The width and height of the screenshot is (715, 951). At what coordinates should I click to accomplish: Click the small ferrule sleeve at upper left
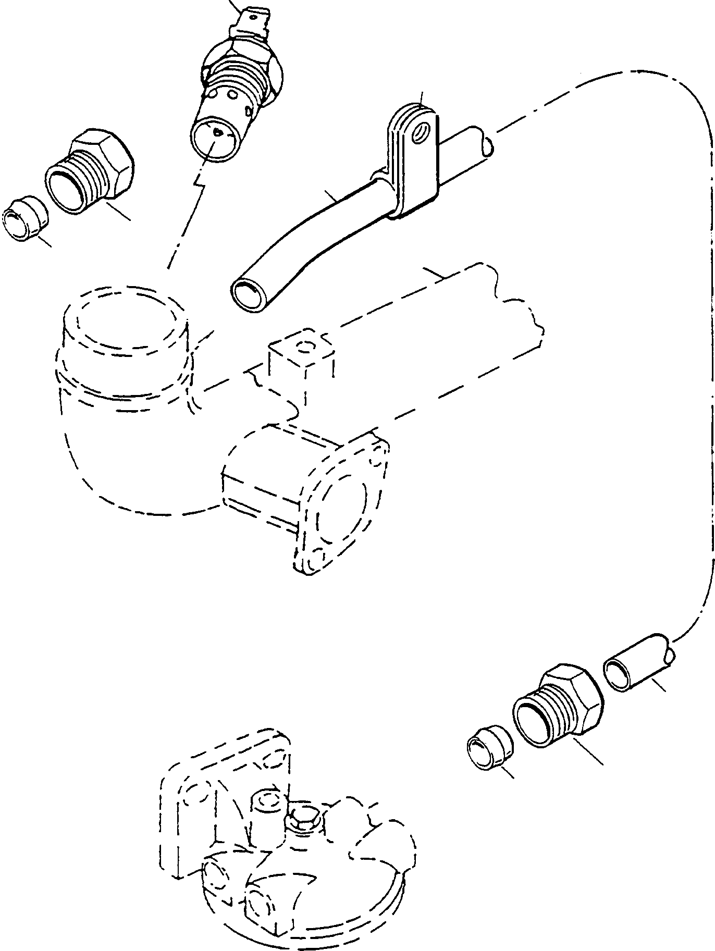coord(23,224)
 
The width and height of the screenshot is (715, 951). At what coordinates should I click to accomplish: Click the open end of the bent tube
coord(248,293)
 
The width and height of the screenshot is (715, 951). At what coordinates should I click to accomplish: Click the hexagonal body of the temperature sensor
coord(241,65)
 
